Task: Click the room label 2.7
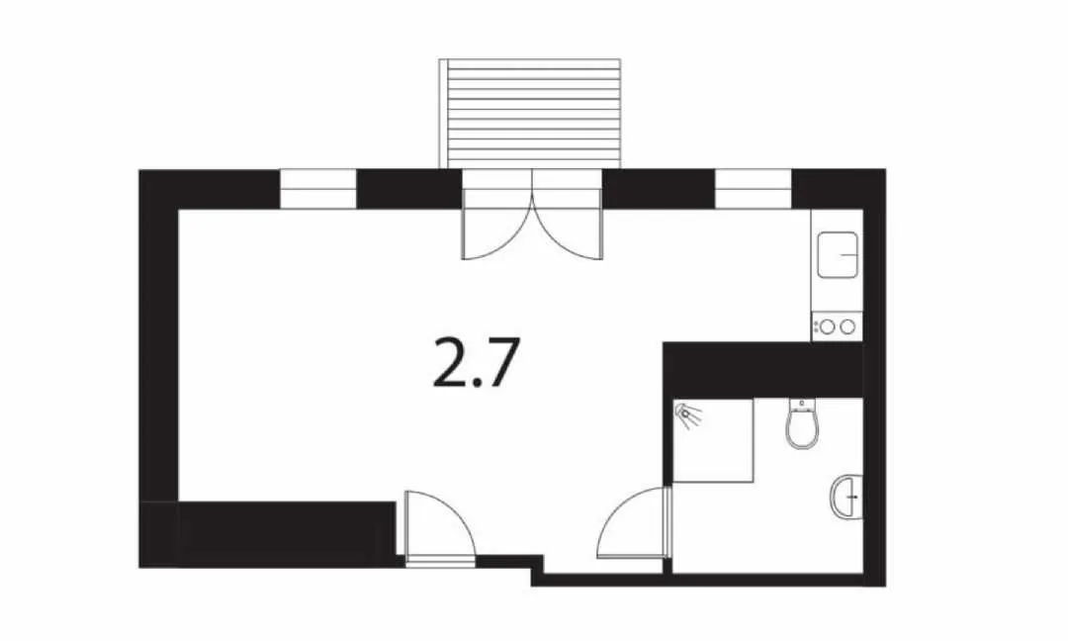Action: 476,362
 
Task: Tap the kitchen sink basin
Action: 838,255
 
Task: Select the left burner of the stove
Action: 828,327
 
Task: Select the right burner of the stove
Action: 847,327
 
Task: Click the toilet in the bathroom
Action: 802,423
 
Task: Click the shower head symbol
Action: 687,414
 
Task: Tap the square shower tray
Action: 712,441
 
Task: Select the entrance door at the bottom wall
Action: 439,528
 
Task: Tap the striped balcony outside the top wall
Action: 530,113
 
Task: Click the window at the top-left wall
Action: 318,189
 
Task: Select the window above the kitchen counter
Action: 753,189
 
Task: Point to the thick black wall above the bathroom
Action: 762,371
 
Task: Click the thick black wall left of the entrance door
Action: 286,535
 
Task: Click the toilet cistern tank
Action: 802,405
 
